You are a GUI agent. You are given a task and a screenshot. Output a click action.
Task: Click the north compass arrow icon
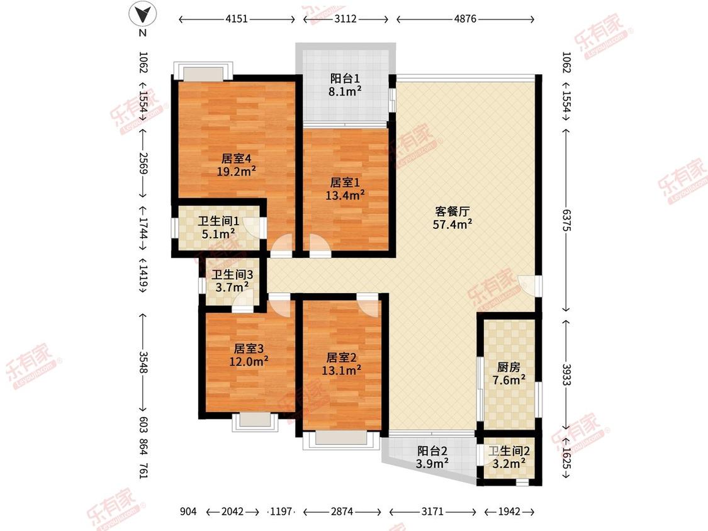[143, 14]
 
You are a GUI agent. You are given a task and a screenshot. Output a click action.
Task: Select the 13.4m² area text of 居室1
[346, 195]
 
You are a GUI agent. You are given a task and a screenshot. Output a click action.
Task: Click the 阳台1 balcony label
[346, 79]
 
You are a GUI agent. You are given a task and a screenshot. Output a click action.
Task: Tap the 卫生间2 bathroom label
[509, 451]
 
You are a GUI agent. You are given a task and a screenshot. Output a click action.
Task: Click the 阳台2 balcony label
[432, 450]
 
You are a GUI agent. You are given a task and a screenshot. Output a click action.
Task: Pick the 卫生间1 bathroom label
[218, 221]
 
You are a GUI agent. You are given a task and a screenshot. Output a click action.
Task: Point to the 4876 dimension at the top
[466, 20]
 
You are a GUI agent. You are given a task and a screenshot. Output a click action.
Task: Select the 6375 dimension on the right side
[566, 221]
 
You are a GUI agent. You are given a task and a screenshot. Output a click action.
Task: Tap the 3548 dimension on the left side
[143, 364]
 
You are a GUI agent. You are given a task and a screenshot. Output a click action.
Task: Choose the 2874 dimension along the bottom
[342, 511]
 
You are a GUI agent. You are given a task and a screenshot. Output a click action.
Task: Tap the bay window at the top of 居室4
[203, 70]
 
